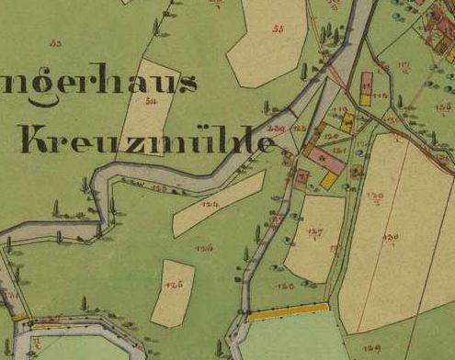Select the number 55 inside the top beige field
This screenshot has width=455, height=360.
click(279, 29)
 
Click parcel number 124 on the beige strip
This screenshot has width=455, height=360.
click(210, 205)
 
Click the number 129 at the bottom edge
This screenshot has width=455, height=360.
click(371, 349)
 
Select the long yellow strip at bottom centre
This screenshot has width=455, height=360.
click(288, 311)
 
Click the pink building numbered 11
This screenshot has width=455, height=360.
click(368, 86)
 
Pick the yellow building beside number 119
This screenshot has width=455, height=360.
click(347, 121)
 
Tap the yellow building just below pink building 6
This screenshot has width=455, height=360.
click(329, 180)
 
